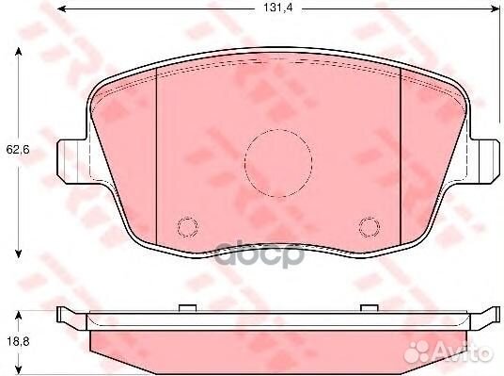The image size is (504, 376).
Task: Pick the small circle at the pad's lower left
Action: click(x=188, y=227)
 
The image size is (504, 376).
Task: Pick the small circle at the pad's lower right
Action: click(x=368, y=227)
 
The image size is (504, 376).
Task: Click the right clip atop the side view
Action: click(x=368, y=306)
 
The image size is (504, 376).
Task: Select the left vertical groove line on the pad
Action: click(x=156, y=151)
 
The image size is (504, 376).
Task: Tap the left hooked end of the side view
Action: click(x=64, y=313)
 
